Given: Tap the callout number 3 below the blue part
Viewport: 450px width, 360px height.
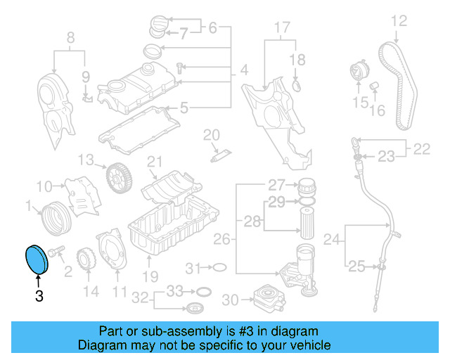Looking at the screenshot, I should (x=39, y=297).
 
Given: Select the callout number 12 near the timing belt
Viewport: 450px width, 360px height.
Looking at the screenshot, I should (x=399, y=21).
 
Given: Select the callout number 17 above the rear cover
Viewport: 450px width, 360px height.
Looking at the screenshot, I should (x=281, y=28).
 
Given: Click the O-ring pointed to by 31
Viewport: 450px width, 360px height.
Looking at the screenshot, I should (x=219, y=267).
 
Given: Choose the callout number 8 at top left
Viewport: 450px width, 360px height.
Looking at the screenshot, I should (x=70, y=37).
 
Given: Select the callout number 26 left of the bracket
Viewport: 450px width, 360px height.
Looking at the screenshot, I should (x=221, y=240).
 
